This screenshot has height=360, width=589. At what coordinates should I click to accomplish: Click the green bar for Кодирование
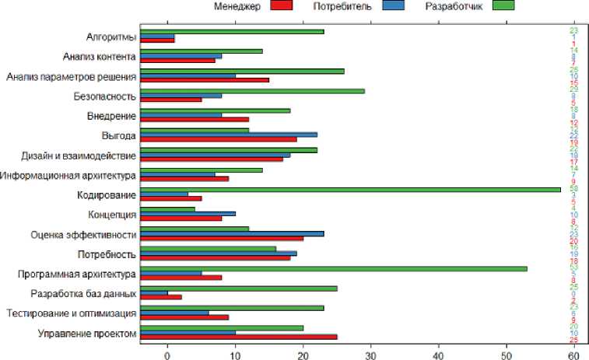(x=350, y=188)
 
